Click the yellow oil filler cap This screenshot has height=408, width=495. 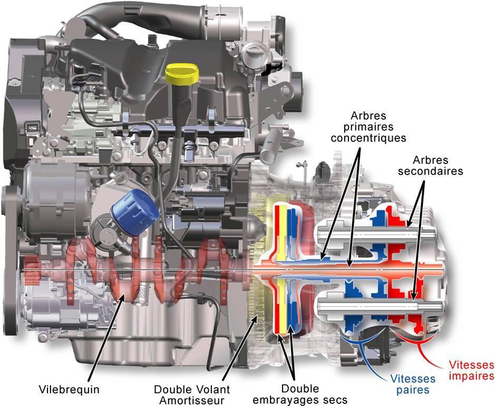(x=182, y=75)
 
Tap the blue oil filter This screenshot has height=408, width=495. (x=135, y=211)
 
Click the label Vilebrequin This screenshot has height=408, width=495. (x=69, y=389)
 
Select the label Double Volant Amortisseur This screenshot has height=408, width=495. (x=192, y=395)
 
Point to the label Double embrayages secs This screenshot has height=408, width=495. (x=300, y=394)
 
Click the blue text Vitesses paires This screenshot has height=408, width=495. (x=413, y=384)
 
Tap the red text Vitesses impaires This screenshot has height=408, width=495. (x=471, y=371)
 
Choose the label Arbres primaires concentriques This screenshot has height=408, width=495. (x=368, y=127)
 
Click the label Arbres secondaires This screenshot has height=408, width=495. (x=430, y=166)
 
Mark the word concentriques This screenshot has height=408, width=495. (x=368, y=138)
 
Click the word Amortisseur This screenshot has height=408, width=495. (x=192, y=401)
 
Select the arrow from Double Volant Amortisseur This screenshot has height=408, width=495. (x=240, y=348)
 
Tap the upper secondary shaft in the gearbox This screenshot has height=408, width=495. (x=377, y=234)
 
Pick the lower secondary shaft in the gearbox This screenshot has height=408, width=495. (x=380, y=306)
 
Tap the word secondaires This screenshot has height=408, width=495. (x=430, y=171)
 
